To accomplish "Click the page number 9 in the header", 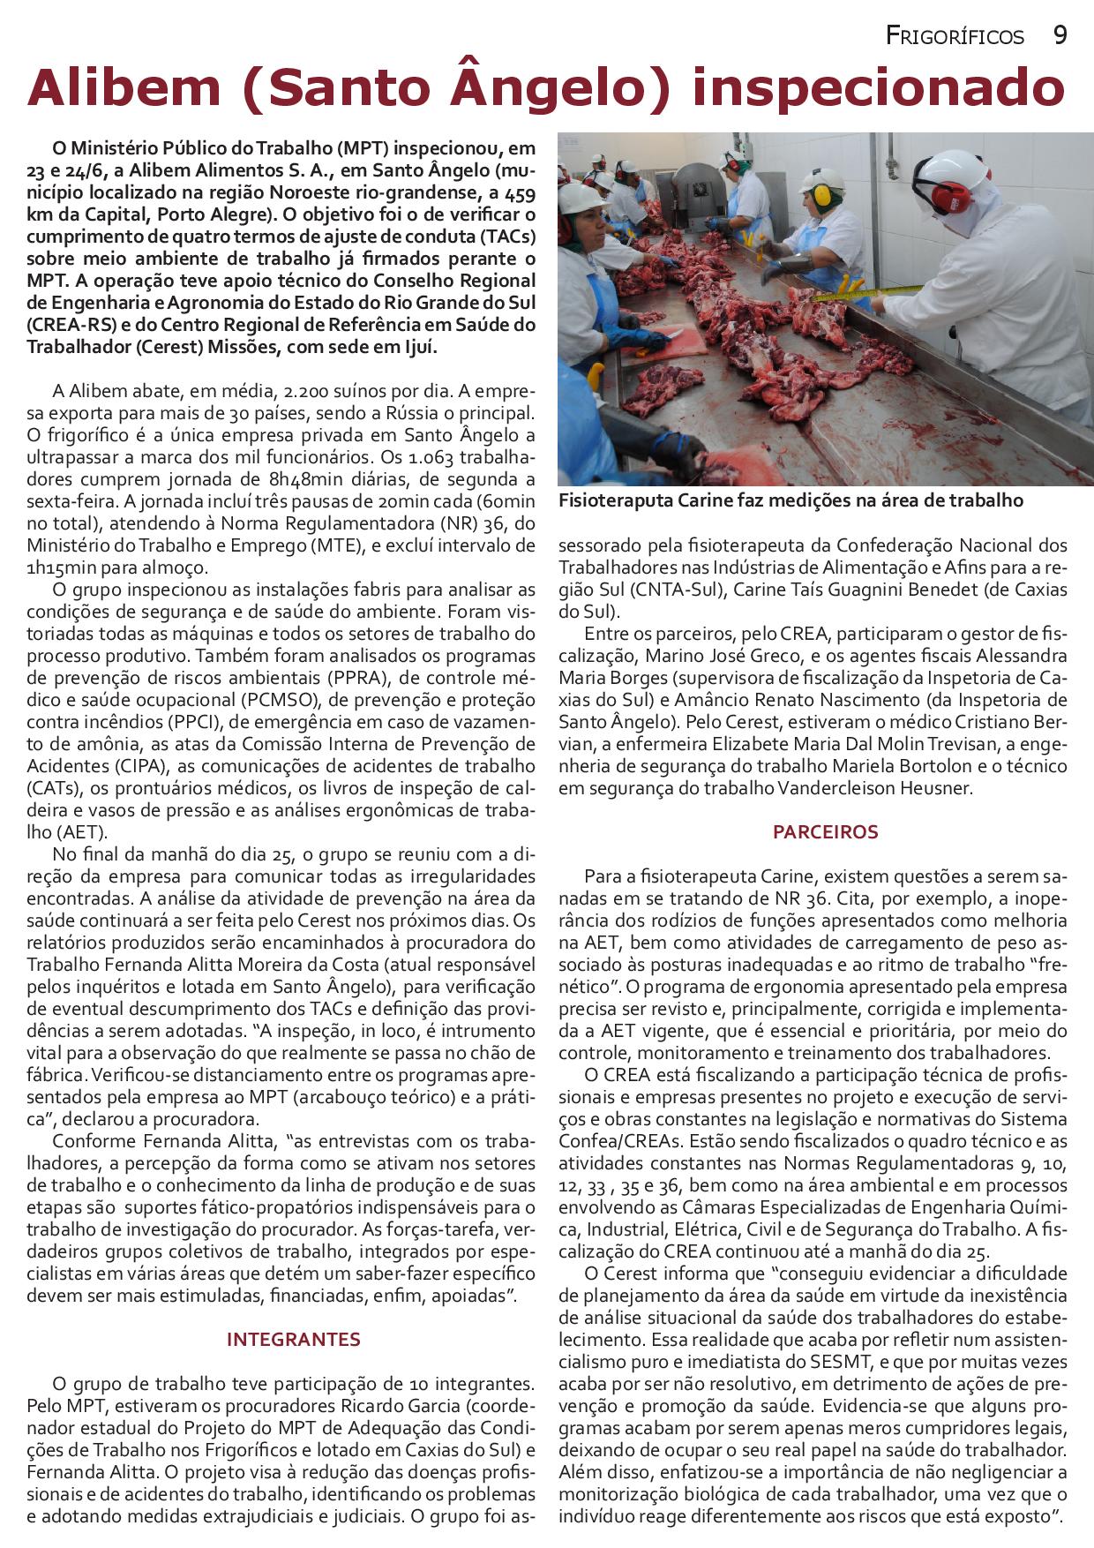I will point(1060,35).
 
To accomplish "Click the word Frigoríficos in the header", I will point(955,36).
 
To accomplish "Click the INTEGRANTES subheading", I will point(293,1339).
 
